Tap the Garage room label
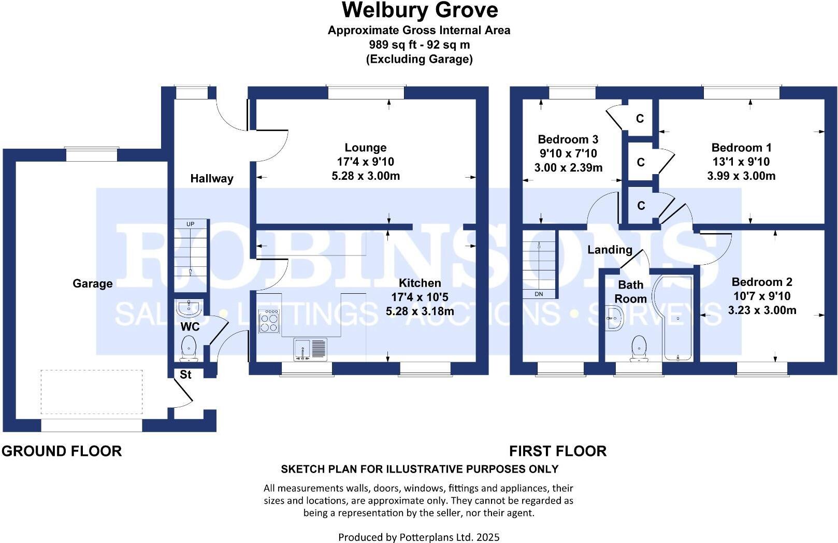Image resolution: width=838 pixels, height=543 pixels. [92, 283]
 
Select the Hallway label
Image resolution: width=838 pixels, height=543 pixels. [211, 179]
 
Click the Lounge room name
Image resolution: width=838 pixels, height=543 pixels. [366, 148]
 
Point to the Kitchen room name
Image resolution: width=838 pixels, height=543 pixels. [420, 283]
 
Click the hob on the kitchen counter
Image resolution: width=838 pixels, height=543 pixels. [269, 321]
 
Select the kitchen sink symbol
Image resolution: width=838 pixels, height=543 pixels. [310, 348]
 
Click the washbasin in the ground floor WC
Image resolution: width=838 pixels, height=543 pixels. [189, 308]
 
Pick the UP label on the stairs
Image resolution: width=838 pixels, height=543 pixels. [191, 224]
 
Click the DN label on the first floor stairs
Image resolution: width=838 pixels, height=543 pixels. [539, 294]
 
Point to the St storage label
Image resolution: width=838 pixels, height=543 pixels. [185, 375]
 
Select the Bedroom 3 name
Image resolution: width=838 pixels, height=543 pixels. [568, 139]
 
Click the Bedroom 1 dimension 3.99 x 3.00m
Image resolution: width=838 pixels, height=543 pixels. [741, 176]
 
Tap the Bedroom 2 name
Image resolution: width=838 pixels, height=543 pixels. [761, 282]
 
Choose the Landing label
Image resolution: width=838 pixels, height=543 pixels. [610, 250]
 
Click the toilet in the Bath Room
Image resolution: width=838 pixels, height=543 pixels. [640, 347]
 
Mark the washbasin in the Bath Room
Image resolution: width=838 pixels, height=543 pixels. [614, 318]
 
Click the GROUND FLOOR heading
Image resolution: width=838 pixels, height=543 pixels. [62, 451]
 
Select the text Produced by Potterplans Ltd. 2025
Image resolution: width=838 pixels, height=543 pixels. [418, 537]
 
